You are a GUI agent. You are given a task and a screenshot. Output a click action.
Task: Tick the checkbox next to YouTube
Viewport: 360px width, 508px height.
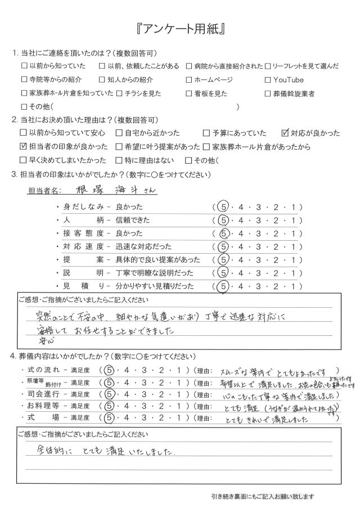coord(267,79)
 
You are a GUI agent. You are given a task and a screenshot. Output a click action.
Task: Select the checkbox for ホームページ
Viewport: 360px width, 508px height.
coord(189,79)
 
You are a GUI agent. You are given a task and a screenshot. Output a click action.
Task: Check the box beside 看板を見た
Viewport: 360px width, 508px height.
coord(189,93)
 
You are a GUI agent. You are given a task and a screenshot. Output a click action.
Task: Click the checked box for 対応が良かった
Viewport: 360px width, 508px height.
coord(285,133)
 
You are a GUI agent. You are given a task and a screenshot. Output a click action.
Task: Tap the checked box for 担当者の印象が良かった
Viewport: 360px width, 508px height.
coord(24,147)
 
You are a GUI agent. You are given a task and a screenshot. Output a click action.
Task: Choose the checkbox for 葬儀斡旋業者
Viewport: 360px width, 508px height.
coord(267,93)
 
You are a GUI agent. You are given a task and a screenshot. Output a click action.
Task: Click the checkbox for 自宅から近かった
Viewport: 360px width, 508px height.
coord(119,133)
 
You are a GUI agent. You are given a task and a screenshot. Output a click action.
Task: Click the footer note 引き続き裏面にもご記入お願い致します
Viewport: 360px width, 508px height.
coord(259,496)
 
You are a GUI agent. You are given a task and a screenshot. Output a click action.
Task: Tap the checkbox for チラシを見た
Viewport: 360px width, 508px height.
coord(119,93)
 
